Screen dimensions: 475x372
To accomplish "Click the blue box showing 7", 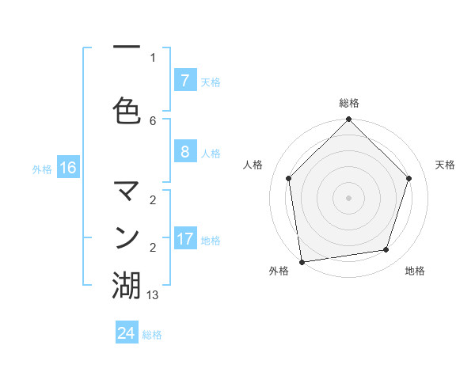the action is [x=184, y=80].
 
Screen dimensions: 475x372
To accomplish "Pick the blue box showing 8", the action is [x=184, y=152].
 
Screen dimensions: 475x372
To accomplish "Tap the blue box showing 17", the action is [x=184, y=238].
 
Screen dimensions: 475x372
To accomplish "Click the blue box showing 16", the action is [x=67, y=168].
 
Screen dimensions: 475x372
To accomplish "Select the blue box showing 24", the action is [x=127, y=333].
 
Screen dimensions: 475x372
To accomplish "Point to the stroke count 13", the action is [x=153, y=294].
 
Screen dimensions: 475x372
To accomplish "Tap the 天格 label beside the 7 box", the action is [x=211, y=82].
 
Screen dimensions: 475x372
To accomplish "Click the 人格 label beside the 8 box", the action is [x=211, y=153].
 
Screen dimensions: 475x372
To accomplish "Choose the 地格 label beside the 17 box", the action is [x=211, y=240].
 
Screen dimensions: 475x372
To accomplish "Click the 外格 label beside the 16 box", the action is [x=42, y=169].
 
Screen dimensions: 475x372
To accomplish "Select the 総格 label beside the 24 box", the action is [x=152, y=335].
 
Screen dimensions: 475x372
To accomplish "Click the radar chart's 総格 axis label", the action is [x=348, y=103].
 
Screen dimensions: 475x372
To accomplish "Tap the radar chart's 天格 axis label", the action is [x=446, y=165].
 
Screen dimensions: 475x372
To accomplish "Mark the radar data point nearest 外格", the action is [x=302, y=261].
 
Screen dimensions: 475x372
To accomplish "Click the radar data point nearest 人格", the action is [x=289, y=178].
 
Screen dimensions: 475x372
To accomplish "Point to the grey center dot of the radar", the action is [x=348, y=197].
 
